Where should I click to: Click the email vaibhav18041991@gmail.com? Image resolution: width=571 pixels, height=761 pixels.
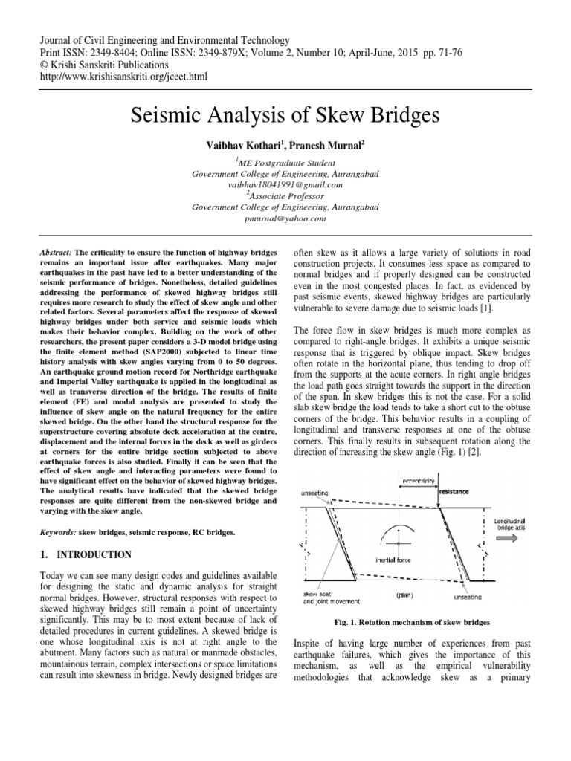(285, 184)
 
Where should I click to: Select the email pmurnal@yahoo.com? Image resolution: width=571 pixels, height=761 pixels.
(285, 219)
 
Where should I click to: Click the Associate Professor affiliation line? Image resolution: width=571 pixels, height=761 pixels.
(285, 195)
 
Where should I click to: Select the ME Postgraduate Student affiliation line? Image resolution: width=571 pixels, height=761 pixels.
(285, 162)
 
